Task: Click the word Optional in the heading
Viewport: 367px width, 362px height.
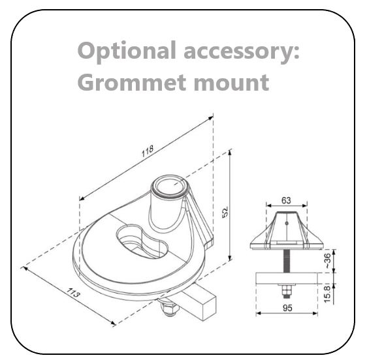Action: [127, 52]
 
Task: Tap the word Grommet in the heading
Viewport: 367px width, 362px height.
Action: [132, 82]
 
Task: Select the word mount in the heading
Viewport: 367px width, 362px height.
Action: [231, 82]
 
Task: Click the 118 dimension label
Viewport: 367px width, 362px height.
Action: [148, 151]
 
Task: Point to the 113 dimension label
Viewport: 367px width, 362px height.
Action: [73, 293]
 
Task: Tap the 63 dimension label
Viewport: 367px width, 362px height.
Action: [286, 200]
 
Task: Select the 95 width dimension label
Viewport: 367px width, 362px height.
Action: [287, 308]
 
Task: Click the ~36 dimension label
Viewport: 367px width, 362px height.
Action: [328, 261]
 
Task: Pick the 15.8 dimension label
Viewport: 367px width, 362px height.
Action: [327, 294]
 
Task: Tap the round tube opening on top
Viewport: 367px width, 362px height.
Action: [168, 187]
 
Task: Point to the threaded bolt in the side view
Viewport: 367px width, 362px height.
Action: [287, 261]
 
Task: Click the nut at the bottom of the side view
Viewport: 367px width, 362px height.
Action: [287, 292]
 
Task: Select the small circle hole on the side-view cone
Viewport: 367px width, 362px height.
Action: [287, 223]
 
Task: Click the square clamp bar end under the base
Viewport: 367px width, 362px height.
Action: [210, 309]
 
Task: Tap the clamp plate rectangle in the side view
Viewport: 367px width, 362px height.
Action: [287, 279]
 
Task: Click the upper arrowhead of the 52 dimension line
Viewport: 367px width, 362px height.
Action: [230, 153]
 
